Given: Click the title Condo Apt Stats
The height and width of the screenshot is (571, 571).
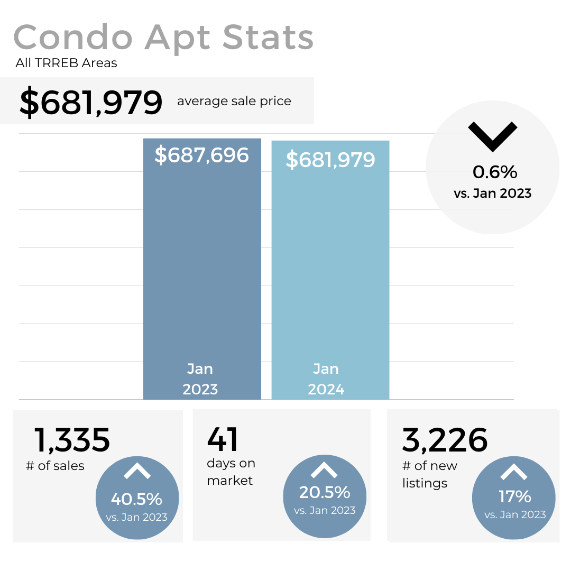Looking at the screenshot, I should (x=163, y=38).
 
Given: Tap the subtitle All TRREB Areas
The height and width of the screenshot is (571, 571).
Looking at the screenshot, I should (x=67, y=63).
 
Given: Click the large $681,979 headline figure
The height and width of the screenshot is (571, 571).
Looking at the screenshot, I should (x=91, y=102).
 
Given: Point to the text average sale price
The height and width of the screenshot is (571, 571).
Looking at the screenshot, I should (x=234, y=101).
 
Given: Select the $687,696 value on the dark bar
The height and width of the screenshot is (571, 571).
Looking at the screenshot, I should (x=201, y=155).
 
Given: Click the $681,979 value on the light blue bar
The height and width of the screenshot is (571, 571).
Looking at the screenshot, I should (x=330, y=159).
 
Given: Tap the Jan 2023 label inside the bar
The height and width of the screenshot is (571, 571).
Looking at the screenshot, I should (x=200, y=379).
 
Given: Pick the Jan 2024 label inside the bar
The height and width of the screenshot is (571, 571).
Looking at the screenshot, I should (x=326, y=379).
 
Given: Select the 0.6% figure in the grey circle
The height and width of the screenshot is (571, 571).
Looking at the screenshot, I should (x=495, y=172).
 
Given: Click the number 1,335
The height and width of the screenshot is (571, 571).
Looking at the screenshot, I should (x=72, y=440).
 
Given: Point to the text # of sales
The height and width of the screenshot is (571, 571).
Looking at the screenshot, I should (x=55, y=466).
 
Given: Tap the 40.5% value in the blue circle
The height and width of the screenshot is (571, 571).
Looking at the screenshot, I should (x=136, y=499).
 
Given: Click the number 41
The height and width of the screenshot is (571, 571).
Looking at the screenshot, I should (x=223, y=440).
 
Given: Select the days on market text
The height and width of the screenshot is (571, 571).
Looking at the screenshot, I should (x=231, y=472).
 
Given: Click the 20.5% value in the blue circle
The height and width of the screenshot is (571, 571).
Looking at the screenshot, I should (x=325, y=492).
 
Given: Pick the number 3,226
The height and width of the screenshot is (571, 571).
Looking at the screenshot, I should (x=445, y=440).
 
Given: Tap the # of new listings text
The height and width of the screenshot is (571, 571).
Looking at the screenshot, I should (x=429, y=474).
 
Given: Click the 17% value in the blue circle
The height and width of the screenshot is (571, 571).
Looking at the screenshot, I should (x=515, y=496).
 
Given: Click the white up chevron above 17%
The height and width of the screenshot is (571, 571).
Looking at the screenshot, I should (x=514, y=471).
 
